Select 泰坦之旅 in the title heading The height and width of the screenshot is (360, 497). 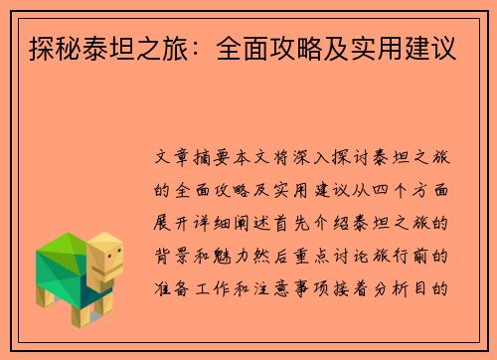point(134,47)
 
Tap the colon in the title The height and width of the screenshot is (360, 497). point(203,47)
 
